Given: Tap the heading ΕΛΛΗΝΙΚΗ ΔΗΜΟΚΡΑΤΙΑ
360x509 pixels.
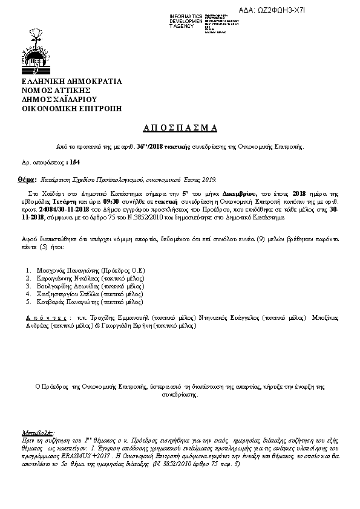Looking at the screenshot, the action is [x=71, y=82].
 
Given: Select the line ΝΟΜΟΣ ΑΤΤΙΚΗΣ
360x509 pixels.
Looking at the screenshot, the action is [x=56, y=91].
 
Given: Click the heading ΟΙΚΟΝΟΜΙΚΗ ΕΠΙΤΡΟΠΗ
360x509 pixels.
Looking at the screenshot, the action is [x=71, y=109].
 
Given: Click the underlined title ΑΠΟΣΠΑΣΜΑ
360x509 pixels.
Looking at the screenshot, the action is [x=180, y=128].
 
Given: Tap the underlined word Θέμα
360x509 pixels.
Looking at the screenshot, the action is [x=26, y=180].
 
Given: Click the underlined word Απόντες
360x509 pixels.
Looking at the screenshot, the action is [x=45, y=317].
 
